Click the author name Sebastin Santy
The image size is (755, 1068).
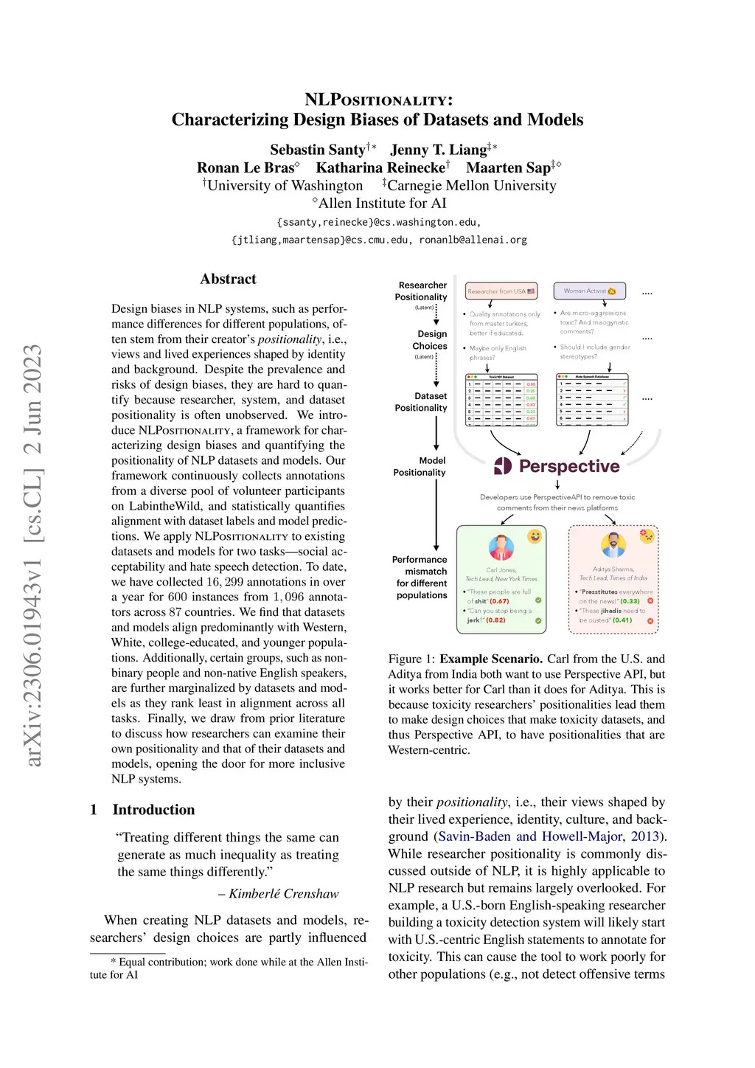click(x=317, y=150)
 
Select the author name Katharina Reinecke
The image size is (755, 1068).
click(x=380, y=167)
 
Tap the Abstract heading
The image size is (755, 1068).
click(x=228, y=279)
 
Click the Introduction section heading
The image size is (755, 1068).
click(x=153, y=809)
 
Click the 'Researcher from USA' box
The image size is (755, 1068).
click(x=501, y=291)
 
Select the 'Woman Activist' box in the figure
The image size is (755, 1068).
click(x=589, y=291)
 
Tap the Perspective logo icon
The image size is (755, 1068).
click(x=503, y=465)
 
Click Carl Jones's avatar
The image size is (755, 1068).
click(x=501, y=547)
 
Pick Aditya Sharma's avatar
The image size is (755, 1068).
click(x=613, y=545)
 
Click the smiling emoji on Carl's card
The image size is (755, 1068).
click(x=535, y=536)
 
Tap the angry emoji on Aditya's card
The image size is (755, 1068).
click(x=647, y=535)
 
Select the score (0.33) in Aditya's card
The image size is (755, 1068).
click(x=630, y=601)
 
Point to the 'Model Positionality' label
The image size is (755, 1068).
click(x=420, y=466)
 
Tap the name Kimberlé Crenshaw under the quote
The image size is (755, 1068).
click(x=283, y=893)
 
